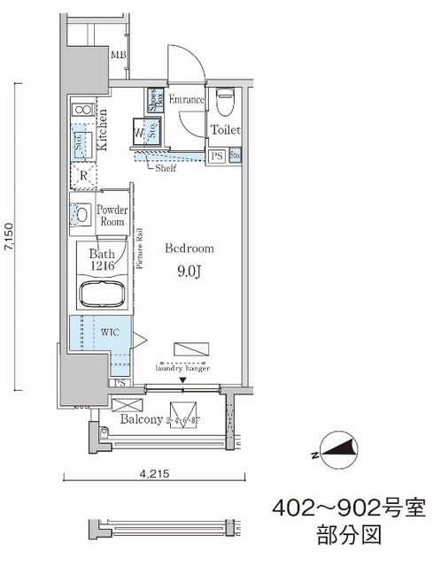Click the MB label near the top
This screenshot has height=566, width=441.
118,57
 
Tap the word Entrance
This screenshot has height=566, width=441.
185,100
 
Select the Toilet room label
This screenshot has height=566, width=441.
225,130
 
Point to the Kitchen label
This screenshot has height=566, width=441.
104,130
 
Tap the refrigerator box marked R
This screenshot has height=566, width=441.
81,175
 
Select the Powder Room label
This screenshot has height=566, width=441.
112,217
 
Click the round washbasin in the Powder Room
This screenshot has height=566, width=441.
81,214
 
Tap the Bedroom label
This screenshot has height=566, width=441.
187,249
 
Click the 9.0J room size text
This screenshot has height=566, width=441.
189,272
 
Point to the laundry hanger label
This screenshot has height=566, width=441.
184,369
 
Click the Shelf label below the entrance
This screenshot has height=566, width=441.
166,166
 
